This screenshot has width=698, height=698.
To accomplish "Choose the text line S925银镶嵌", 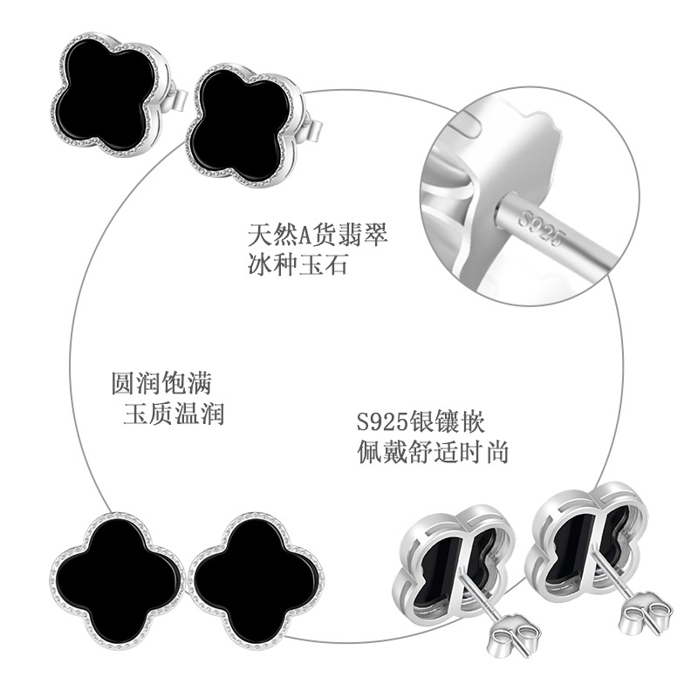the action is pos(420,423).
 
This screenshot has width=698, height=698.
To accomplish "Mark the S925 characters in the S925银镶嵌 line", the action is pos(382,424).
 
